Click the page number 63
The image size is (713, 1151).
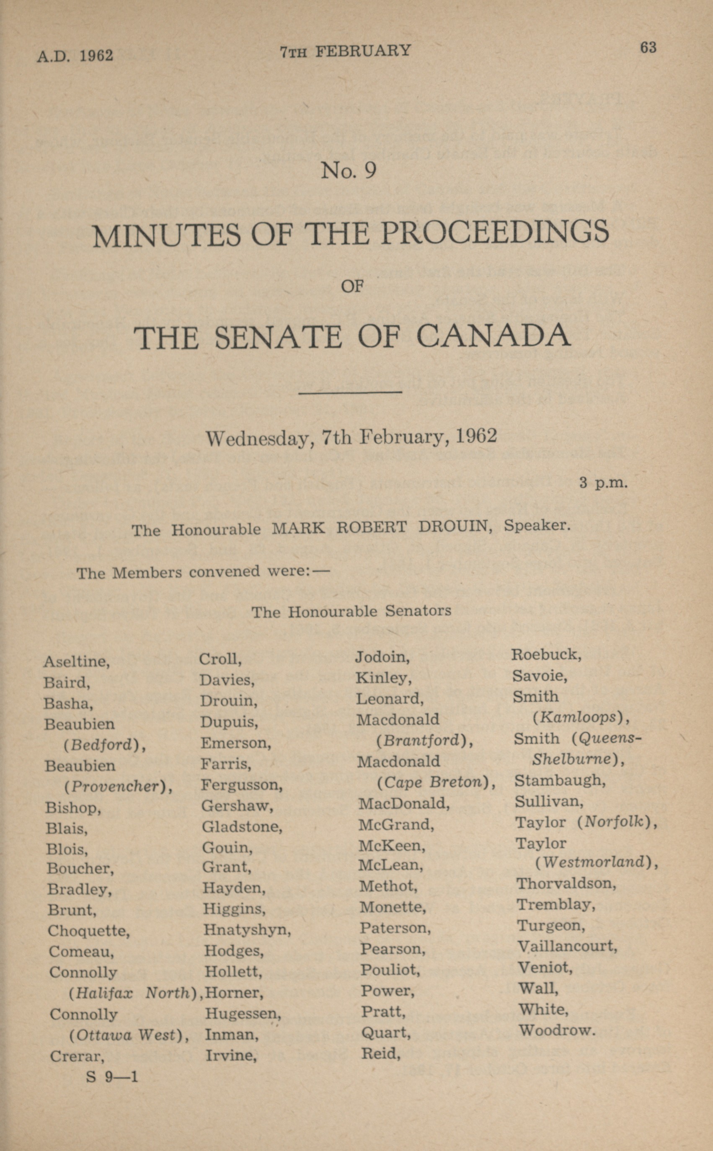point(648,48)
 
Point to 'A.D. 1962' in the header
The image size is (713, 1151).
point(75,56)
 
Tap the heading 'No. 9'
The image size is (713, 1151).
point(349,170)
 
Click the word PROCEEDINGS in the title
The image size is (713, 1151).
point(495,233)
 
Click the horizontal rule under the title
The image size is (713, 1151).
point(350,392)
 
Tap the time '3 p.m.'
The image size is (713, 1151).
point(604,483)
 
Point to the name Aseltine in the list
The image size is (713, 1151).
point(76,661)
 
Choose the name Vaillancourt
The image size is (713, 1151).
point(567,946)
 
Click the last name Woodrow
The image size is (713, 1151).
point(556,1030)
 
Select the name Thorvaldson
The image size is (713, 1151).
point(566,883)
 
